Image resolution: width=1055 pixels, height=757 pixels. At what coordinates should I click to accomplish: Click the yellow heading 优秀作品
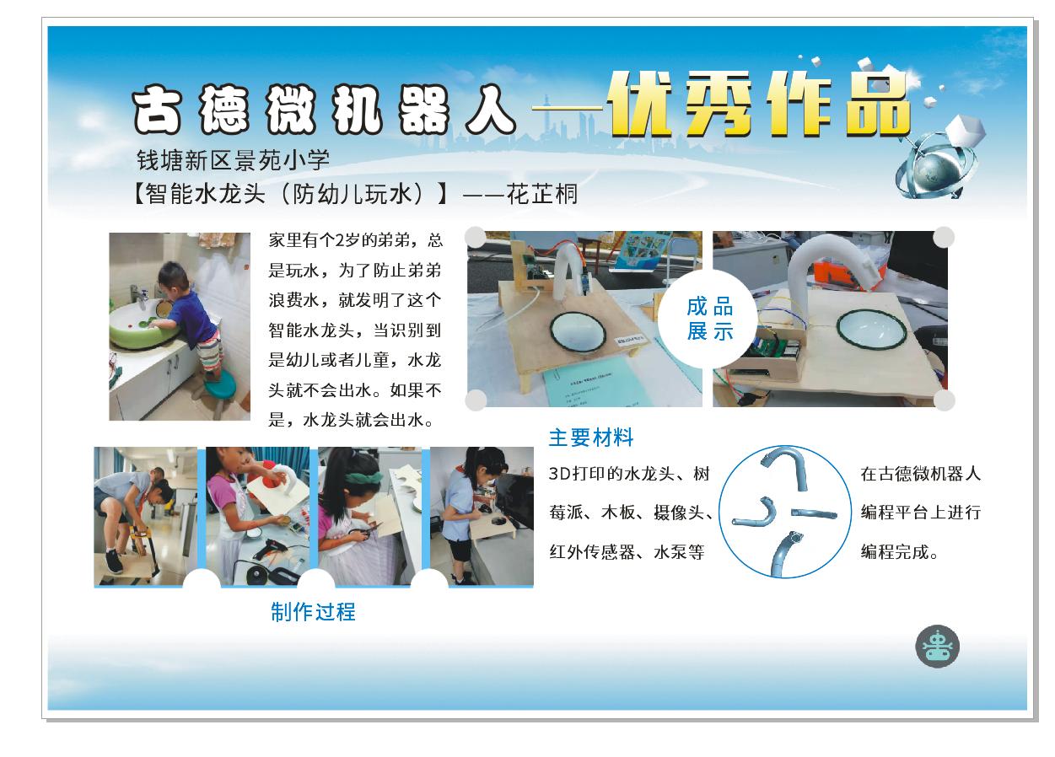click(758, 105)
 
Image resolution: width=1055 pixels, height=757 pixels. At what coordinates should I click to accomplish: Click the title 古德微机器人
click(324, 110)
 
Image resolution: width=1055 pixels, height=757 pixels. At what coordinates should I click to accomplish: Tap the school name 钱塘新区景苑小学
click(233, 160)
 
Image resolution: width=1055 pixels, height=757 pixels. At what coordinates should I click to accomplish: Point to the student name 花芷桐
click(541, 194)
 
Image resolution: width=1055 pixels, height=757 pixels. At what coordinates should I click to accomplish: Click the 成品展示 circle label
click(710, 319)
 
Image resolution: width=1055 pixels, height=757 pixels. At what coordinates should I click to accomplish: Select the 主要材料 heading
click(591, 438)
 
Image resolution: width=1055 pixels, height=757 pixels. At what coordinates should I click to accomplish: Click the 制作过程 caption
click(313, 612)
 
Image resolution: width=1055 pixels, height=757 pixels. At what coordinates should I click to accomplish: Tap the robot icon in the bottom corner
click(937, 646)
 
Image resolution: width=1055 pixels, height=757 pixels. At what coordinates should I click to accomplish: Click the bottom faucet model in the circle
click(784, 554)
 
